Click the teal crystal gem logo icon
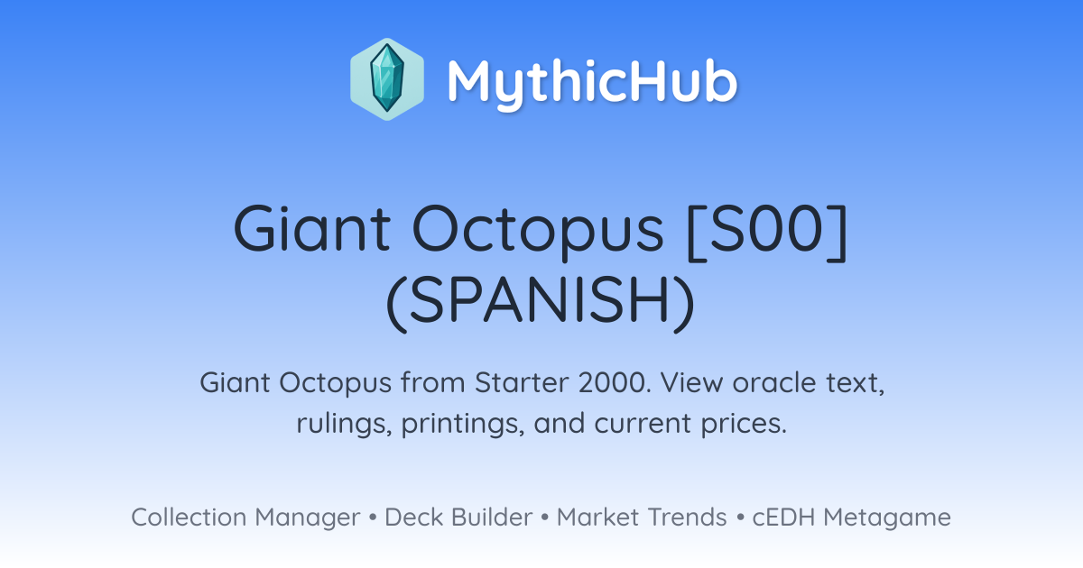pos(387,78)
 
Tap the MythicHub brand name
pos(592,82)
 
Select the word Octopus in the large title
pos(538,231)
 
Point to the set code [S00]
pos(767,231)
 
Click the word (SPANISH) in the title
pos(541,302)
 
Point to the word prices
pos(744,424)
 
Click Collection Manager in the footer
pos(245,518)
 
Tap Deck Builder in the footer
pos(458,518)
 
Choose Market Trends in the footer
pos(642,518)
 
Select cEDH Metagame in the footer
pos(851,518)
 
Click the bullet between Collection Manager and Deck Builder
pos(373,518)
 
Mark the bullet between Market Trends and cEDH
pos(740,518)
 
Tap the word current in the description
pos(643,424)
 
